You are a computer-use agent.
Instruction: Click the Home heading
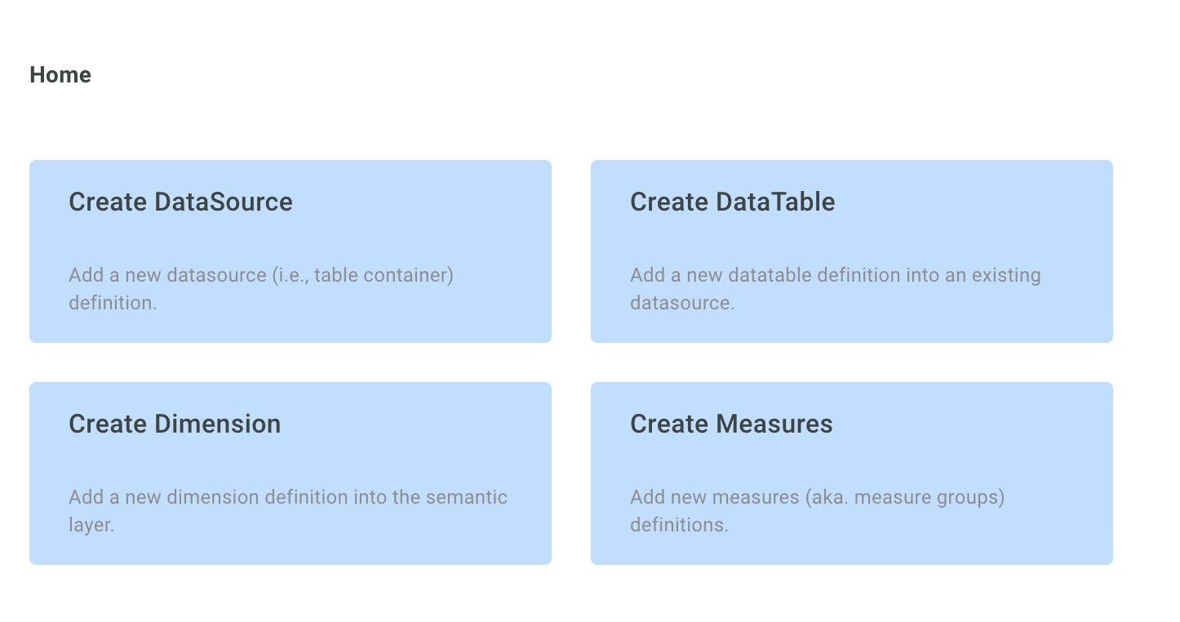pos(60,75)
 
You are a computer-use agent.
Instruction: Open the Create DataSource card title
pos(180,202)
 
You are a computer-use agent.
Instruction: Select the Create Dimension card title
pos(175,424)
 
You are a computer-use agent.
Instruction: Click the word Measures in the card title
pos(774,424)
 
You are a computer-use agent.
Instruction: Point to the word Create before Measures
pos(669,424)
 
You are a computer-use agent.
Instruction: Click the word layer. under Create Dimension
pos(91,525)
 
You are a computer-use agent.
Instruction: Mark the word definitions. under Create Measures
pos(679,525)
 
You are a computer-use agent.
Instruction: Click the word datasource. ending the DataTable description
pos(682,303)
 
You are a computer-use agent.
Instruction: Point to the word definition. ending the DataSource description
pos(113,303)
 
